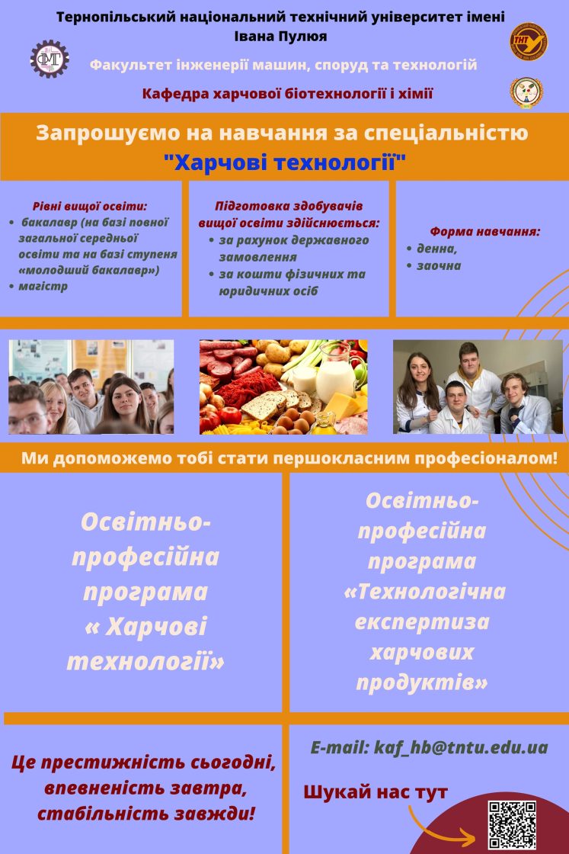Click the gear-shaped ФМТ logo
point(50,59)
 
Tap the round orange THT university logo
point(528,41)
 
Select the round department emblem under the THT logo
point(526,92)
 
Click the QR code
point(512,824)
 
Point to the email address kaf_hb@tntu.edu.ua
point(461,747)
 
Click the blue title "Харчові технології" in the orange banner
point(285,162)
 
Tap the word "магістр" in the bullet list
point(43,286)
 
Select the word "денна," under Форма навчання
point(436,249)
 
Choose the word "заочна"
point(439,266)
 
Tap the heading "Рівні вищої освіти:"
point(90,207)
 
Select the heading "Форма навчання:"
point(485,232)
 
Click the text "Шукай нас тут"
point(376,792)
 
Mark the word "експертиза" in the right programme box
point(422,622)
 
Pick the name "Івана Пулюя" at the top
point(281,37)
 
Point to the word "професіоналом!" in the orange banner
point(486,458)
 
